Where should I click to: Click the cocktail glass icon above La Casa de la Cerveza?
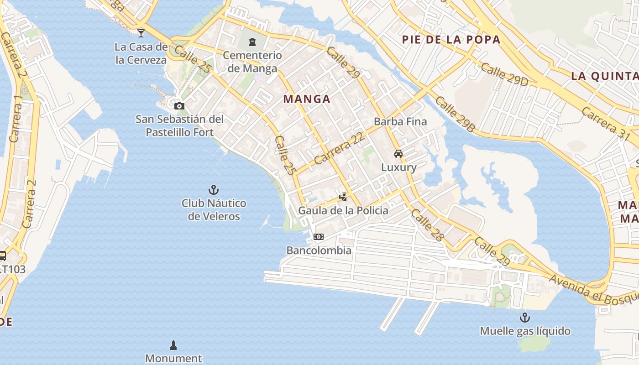point(141,33)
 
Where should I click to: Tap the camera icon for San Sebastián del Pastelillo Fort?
point(179,106)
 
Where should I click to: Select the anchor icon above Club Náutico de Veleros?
point(213,189)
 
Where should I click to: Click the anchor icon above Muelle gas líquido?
point(525,317)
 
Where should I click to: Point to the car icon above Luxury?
point(398,154)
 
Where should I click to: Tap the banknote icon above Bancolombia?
point(319,237)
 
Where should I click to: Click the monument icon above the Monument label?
point(173,344)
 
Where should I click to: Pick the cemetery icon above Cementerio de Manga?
point(252,42)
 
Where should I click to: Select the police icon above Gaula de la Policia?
point(343,197)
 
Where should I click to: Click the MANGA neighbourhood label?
point(307,99)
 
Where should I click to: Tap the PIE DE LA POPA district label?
point(451,40)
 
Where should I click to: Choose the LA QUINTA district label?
point(605,76)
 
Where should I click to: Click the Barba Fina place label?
point(400,121)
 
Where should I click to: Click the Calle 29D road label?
point(504,74)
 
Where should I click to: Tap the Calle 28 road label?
point(427,225)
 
